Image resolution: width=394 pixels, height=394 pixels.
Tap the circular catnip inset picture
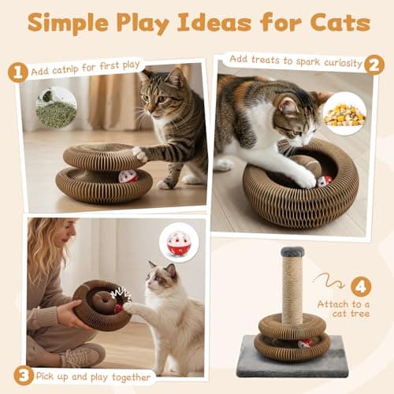pyautogui.click(x=56, y=107)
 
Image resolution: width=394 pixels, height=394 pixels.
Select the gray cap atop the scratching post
pyautogui.click(x=292, y=252)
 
